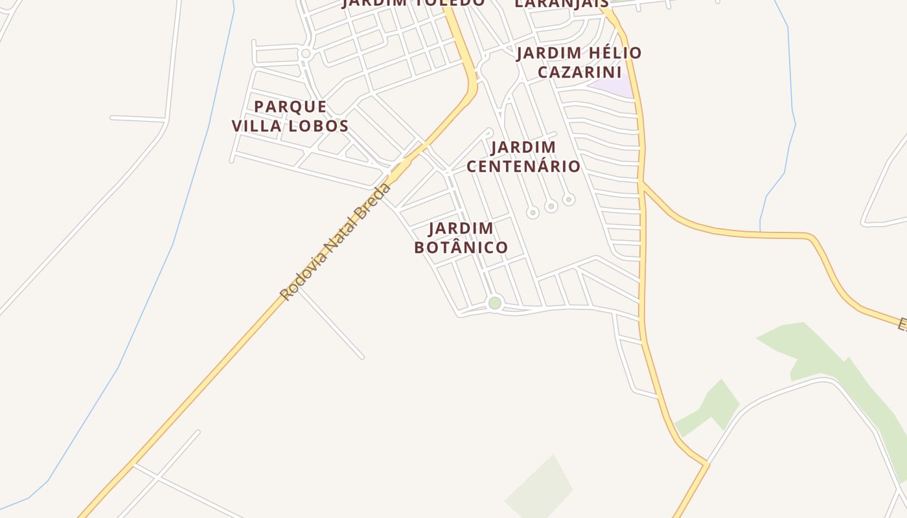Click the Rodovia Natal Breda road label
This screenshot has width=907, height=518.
(x=336, y=242)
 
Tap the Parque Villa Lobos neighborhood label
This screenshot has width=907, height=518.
(x=290, y=116)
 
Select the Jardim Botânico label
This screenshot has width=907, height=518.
(x=461, y=238)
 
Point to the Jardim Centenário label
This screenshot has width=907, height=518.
(x=523, y=157)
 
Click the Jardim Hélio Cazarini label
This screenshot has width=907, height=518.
(x=579, y=62)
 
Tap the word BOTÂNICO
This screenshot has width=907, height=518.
(x=461, y=247)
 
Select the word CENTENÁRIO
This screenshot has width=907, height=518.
(x=523, y=166)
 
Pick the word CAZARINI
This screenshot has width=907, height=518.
(x=579, y=72)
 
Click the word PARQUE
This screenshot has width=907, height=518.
(x=290, y=106)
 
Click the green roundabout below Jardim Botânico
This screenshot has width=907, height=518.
(x=495, y=302)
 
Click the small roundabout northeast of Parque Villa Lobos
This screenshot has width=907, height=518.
(x=306, y=54)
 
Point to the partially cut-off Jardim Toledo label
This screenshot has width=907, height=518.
(x=413, y=3)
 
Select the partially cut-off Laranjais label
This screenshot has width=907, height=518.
(x=562, y=4)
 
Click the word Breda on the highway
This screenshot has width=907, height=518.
(x=374, y=201)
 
